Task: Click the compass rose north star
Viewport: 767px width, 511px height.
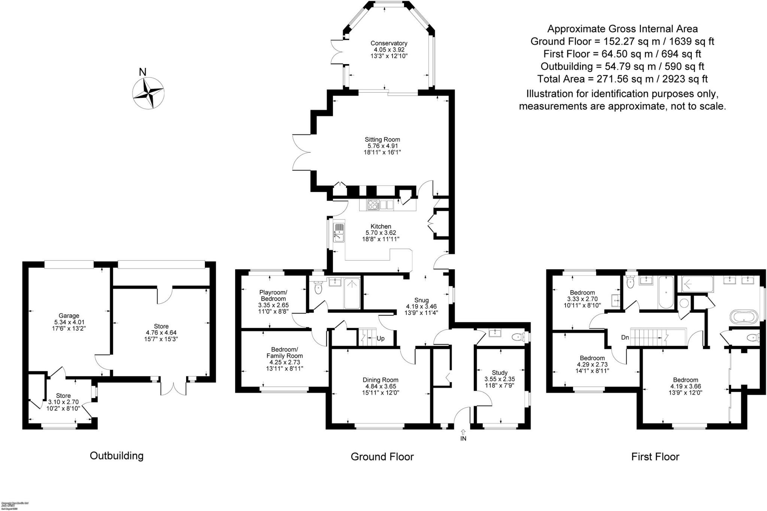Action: (148, 92)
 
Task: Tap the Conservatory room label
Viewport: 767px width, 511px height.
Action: (389, 49)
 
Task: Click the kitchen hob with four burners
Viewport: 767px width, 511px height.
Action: (373, 205)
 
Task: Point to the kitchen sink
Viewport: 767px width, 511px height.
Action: (339, 232)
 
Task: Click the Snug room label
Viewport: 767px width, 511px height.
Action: (421, 306)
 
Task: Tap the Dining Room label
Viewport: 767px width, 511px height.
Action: (380, 386)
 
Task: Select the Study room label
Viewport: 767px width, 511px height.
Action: (500, 379)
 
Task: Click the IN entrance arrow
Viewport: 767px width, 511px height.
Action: (463, 435)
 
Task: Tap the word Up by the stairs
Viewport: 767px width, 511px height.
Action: (381, 339)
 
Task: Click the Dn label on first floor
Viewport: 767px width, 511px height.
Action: (625, 337)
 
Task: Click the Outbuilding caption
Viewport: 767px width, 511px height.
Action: (116, 456)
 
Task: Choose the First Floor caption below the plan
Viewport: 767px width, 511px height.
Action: (655, 457)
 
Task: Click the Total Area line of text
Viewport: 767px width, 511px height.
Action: (622, 79)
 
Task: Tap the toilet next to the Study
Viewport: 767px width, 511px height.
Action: (519, 337)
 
